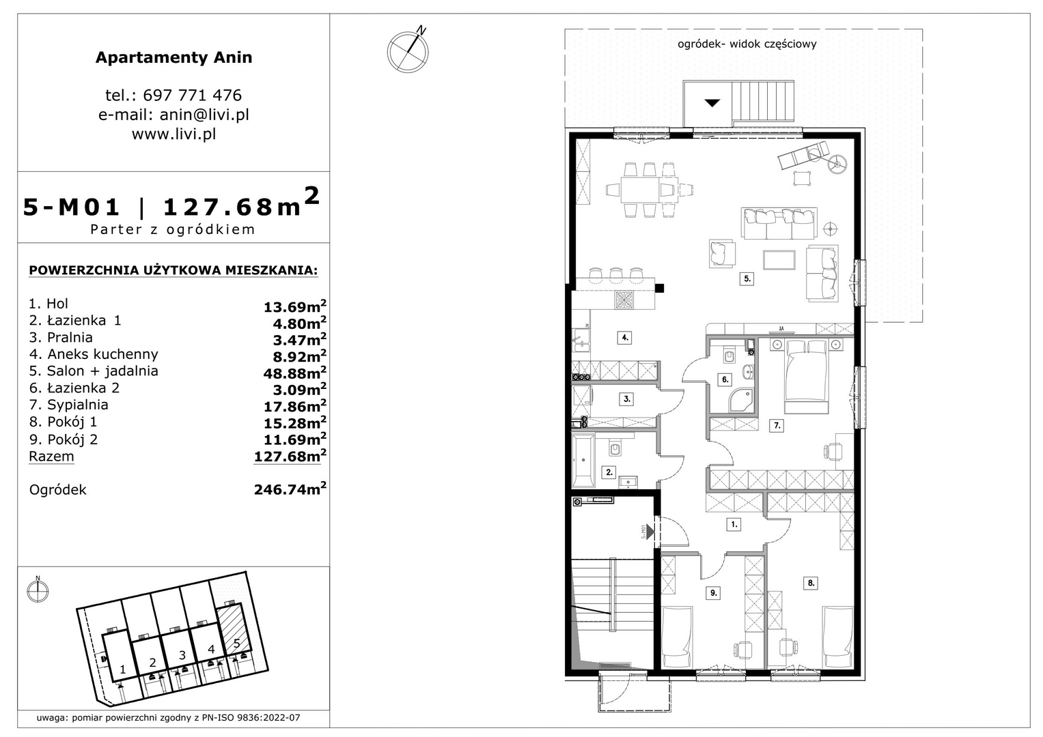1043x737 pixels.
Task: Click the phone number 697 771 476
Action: click(x=193, y=96)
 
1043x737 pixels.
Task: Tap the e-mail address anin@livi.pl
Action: click(x=204, y=115)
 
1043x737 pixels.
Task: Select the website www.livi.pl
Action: click(x=173, y=134)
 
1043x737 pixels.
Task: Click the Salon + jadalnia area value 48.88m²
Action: click(x=295, y=373)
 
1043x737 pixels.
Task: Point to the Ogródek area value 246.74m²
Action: click(x=290, y=489)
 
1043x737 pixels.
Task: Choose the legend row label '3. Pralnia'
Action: click(x=61, y=337)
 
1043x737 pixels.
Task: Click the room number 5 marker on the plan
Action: click(x=747, y=278)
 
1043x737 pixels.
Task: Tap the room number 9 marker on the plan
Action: click(x=713, y=593)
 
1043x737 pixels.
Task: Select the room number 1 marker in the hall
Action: click(x=734, y=524)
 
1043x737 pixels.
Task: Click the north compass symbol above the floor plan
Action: click(x=408, y=50)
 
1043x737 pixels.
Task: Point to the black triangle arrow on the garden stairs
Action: click(x=712, y=103)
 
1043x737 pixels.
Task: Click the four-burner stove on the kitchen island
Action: click(x=624, y=300)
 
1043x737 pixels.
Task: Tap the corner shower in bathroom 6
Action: click(x=740, y=400)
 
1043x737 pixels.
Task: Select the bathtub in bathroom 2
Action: click(x=583, y=460)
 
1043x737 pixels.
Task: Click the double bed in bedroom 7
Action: click(x=807, y=377)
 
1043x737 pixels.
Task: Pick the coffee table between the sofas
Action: click(x=779, y=259)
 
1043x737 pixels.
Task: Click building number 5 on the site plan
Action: click(x=236, y=644)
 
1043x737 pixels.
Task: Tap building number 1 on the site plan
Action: click(x=122, y=669)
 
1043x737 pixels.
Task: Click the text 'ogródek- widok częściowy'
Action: click(x=747, y=44)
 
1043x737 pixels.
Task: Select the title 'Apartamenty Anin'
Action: click(x=173, y=57)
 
